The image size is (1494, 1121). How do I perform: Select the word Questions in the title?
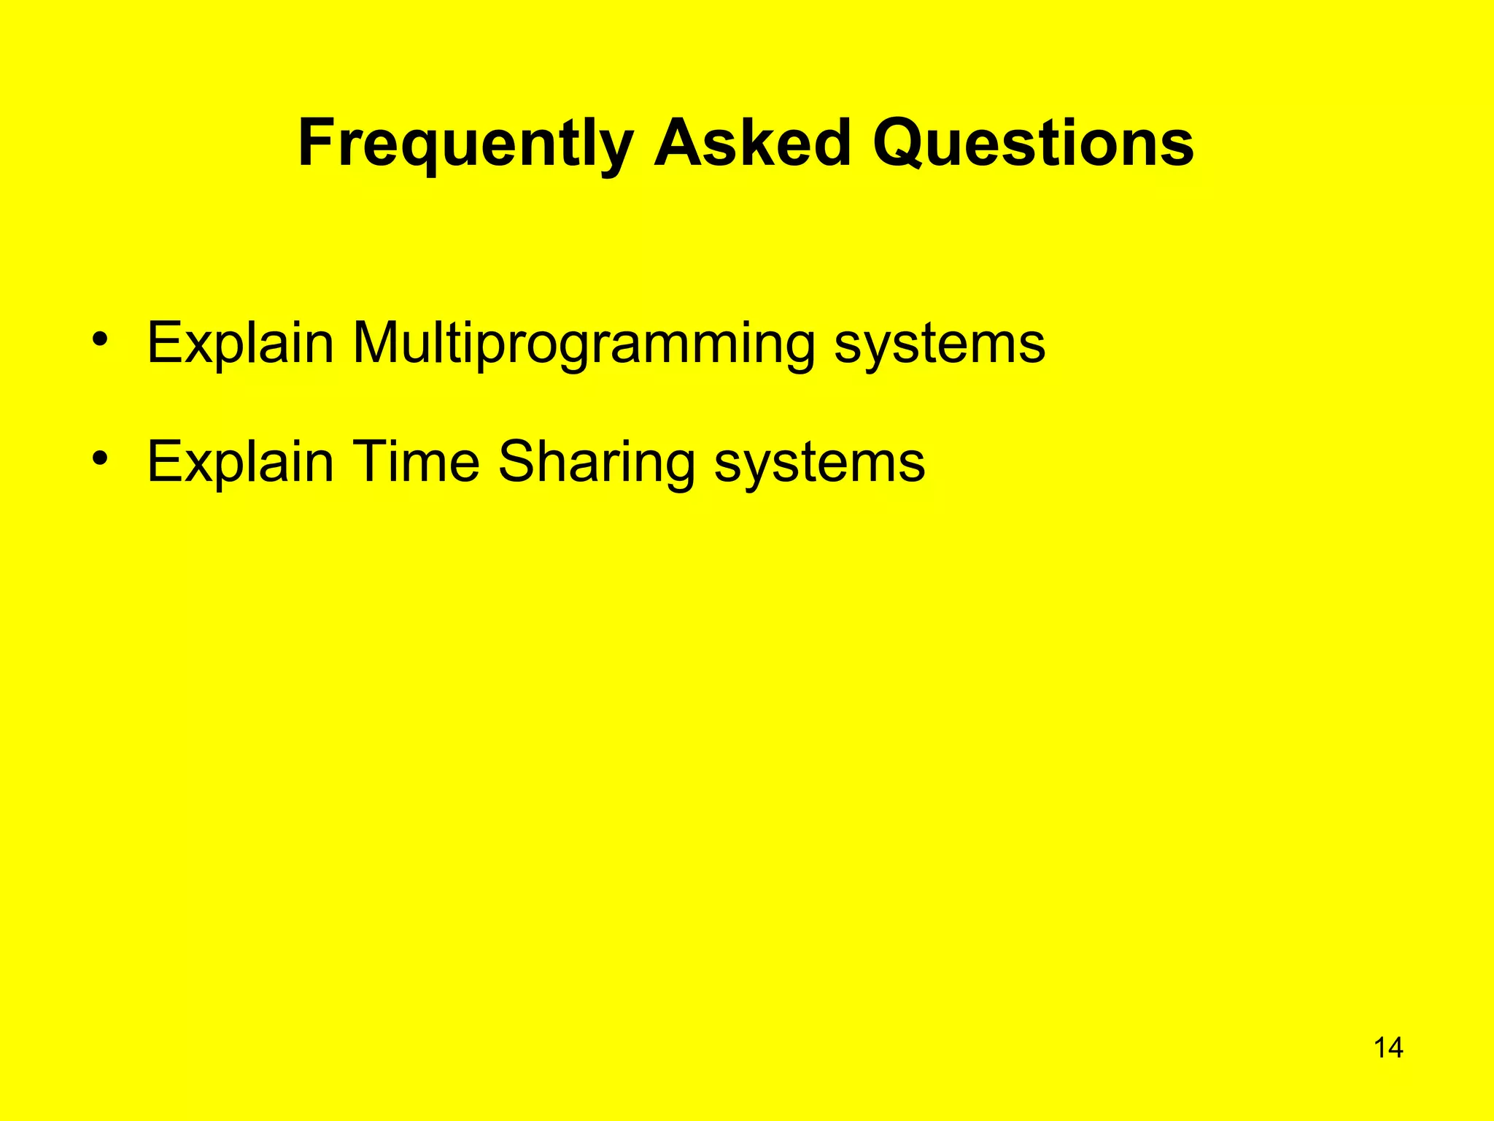1033,145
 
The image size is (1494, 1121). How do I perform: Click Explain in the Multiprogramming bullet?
240,343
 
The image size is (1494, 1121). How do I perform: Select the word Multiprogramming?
584,344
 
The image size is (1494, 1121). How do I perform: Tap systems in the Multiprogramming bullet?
940,344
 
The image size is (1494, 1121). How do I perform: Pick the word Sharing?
597,463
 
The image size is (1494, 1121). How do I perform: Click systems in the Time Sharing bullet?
819,463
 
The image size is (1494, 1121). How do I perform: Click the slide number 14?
1388,1048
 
